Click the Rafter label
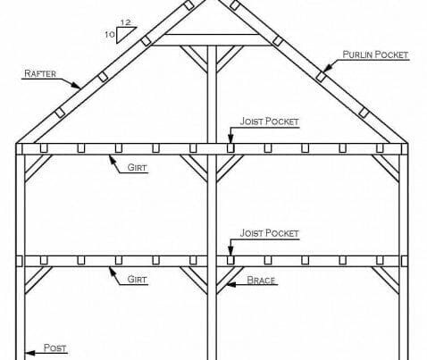(x=40, y=73)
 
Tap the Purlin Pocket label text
(x=375, y=54)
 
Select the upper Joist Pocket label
(x=269, y=121)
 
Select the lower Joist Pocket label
(x=269, y=233)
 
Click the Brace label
(x=261, y=280)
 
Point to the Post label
(x=54, y=347)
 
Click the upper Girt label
(x=137, y=167)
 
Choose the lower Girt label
(x=137, y=280)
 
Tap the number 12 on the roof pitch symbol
(x=126, y=22)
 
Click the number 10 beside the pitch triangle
(x=110, y=35)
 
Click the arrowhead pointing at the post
(x=29, y=353)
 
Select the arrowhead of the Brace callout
(x=231, y=284)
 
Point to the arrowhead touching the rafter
(x=76, y=85)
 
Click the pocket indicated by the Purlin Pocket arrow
(x=321, y=77)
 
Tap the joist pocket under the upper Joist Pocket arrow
(x=230, y=148)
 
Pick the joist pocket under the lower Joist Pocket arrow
(x=230, y=260)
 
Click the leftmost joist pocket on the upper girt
(x=44, y=148)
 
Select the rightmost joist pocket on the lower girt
(x=380, y=260)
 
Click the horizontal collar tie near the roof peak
(x=212, y=40)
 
